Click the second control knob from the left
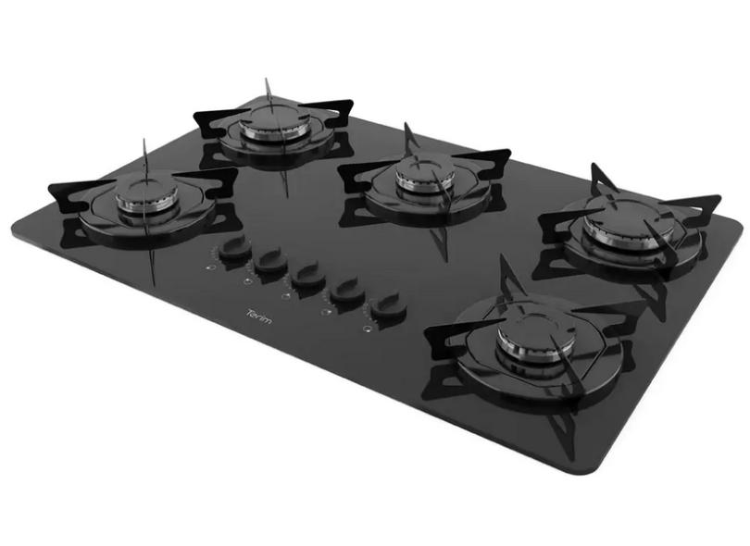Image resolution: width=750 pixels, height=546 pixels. click(x=271, y=263)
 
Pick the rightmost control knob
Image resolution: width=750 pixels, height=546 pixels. click(x=388, y=306)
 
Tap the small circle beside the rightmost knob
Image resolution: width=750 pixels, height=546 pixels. click(x=367, y=327)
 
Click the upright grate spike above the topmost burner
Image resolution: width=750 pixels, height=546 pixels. click(x=267, y=85)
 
